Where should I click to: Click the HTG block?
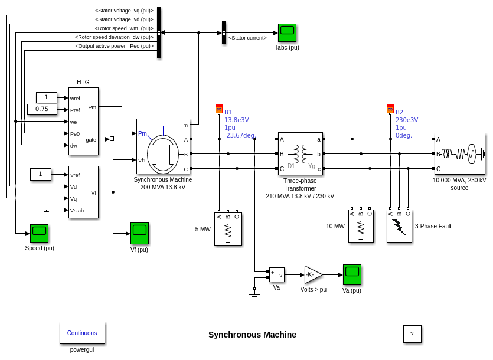tap(83, 121)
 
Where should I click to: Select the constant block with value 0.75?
tap(42, 109)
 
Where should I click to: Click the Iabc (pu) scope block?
tap(287, 32)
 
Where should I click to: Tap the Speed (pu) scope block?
tap(39, 233)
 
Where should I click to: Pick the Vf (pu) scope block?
tap(139, 233)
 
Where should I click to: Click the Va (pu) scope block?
tap(352, 274)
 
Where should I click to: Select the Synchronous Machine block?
tap(163, 146)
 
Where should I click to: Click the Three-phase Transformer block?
tap(301, 153)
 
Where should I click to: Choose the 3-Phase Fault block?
tap(399, 226)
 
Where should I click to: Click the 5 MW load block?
tap(228, 229)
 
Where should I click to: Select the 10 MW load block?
tap(361, 226)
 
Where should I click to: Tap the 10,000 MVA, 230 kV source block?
tap(459, 153)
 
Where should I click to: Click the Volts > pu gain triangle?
tap(312, 274)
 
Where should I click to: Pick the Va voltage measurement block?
tap(276, 274)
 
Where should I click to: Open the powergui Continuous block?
tap(82, 333)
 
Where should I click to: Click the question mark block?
tap(412, 334)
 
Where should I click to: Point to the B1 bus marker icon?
tap(218, 109)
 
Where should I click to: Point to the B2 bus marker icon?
tap(390, 109)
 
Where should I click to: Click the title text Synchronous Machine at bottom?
tap(252, 335)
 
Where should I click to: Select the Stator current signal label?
tap(247, 38)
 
